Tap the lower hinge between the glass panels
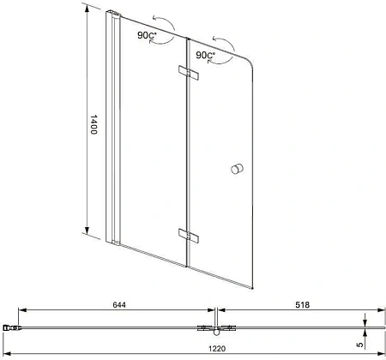coord(187,233)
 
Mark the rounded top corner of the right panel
coord(250,51)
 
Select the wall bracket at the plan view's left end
coord(11,327)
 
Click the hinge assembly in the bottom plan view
coord(210,327)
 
